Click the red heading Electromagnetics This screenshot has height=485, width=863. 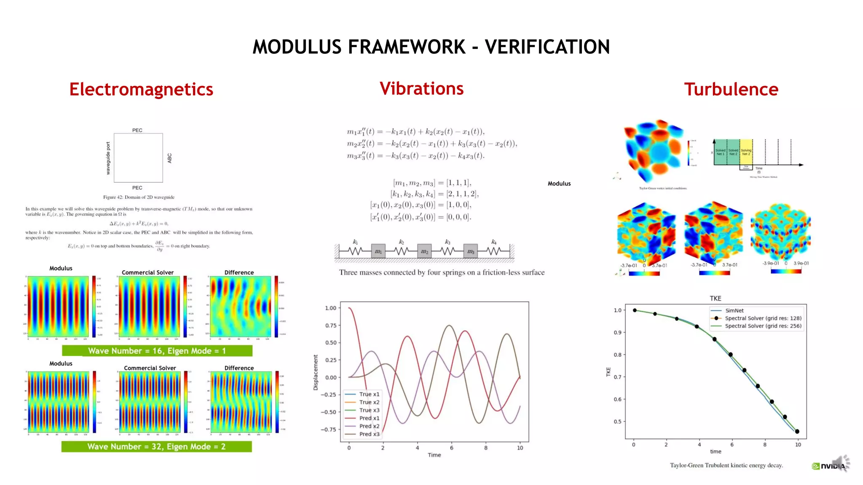[x=141, y=90]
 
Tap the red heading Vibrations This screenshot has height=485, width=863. [x=421, y=89]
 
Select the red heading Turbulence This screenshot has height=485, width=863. [x=731, y=90]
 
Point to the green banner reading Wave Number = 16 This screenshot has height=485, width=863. [x=157, y=351]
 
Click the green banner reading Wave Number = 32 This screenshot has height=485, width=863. [x=156, y=446]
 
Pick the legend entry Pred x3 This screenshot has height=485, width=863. [x=369, y=434]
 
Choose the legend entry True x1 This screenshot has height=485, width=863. [x=369, y=394]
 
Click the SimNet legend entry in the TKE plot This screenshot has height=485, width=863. [x=734, y=310]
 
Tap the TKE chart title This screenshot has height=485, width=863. [x=715, y=298]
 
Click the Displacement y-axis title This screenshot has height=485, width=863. [x=316, y=372]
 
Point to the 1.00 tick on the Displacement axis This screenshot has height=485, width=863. [x=331, y=308]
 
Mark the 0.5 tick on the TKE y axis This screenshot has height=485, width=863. [x=617, y=421]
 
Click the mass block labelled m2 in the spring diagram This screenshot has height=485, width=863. [x=424, y=251]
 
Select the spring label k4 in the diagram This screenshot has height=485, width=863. [x=493, y=242]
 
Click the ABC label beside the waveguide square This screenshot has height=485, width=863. [x=169, y=158]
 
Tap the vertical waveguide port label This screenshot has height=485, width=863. [x=108, y=158]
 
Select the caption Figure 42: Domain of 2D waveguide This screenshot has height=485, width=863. [x=139, y=197]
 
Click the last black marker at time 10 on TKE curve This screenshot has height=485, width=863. [x=797, y=432]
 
